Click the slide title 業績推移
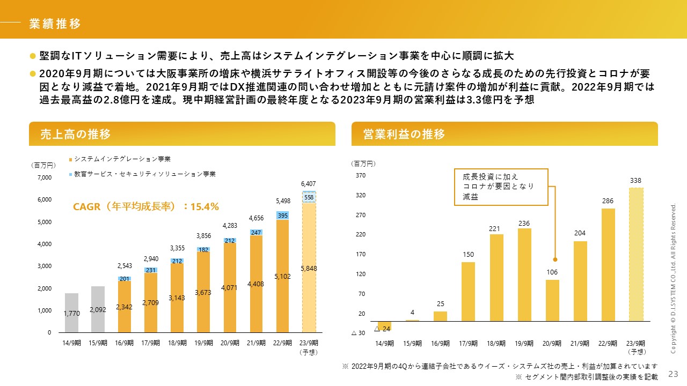55,24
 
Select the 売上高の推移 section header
76,134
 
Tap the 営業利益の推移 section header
404,134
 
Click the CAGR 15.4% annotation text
145,206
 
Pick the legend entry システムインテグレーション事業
122,159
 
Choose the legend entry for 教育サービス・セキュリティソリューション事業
145,174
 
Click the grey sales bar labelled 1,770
71,313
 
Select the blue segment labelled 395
282,215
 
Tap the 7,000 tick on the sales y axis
44,177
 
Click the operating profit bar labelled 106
552,300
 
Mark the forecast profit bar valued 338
635,254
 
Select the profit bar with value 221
496,277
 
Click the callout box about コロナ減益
501,187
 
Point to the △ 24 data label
382,328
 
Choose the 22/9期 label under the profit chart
608,343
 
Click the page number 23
673,373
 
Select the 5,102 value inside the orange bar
282,277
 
